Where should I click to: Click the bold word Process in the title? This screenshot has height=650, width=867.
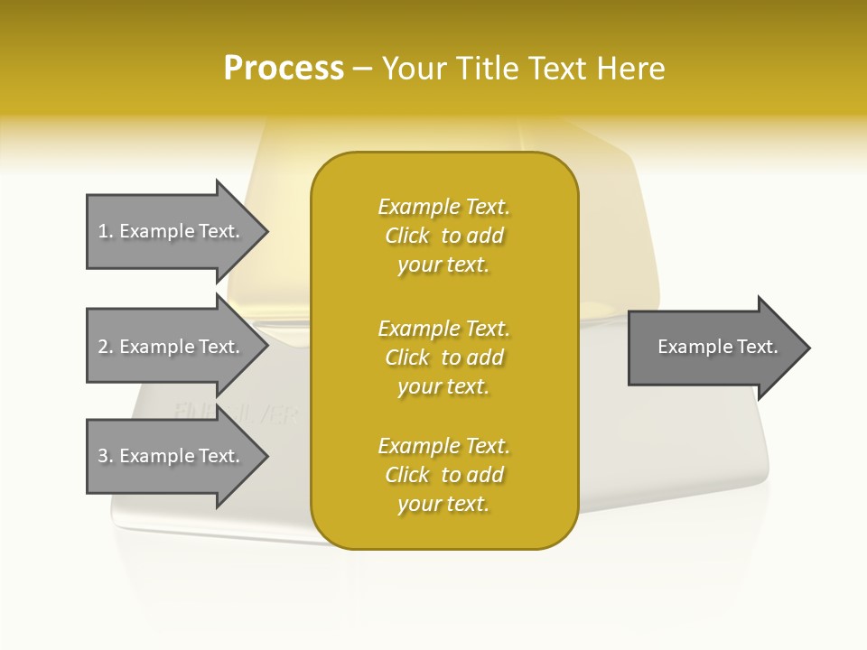[x=284, y=68]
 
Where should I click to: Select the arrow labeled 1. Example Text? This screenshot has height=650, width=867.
[x=172, y=231]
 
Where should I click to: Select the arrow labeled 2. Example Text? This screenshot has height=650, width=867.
[x=172, y=347]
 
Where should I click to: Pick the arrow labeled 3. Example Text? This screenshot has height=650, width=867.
[x=172, y=456]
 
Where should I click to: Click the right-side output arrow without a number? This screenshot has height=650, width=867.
[x=713, y=347]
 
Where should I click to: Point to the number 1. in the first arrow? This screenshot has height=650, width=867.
[x=106, y=231]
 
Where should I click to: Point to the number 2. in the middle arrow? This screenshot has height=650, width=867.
[x=106, y=347]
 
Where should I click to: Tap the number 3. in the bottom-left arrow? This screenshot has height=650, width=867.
[x=106, y=456]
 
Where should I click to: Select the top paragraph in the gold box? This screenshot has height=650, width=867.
[x=443, y=236]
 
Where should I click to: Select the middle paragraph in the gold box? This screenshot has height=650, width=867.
[x=443, y=357]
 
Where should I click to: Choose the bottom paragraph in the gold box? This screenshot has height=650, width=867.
[x=443, y=475]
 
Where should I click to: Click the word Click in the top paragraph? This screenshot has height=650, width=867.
[x=407, y=236]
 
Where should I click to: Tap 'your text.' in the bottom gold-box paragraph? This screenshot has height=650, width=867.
[x=443, y=504]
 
